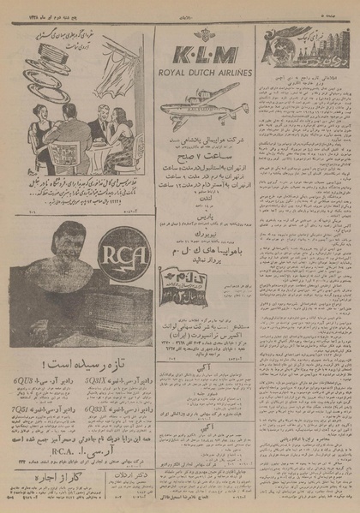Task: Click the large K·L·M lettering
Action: [204, 57]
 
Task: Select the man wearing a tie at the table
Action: [100, 124]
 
